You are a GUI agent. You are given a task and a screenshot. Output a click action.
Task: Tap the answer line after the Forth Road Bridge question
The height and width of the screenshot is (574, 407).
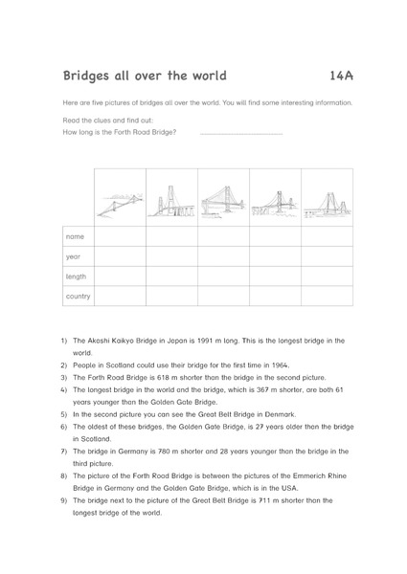tap(241, 132)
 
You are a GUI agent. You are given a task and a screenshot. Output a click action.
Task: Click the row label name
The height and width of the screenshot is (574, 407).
tap(75, 236)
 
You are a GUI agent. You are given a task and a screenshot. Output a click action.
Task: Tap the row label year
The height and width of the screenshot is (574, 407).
tap(74, 256)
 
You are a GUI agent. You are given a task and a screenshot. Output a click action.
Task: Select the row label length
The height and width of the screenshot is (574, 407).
tap(77, 276)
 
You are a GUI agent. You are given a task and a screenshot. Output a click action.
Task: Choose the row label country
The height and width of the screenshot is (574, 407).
tap(79, 297)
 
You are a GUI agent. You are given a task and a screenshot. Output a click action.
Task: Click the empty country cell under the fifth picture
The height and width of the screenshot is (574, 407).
tap(327, 297)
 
